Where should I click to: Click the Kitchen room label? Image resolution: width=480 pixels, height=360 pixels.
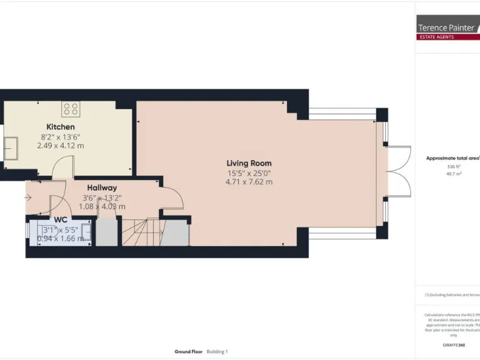[61, 127]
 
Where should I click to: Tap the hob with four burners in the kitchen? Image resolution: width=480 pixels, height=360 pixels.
[71, 109]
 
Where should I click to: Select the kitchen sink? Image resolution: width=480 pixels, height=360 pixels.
[11, 149]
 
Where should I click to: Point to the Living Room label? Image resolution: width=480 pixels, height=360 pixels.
[249, 163]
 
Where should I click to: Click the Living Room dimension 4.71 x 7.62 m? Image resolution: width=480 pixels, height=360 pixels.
[249, 182]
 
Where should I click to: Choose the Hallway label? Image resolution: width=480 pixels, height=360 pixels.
[102, 187]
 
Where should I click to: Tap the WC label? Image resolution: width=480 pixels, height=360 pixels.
[61, 219]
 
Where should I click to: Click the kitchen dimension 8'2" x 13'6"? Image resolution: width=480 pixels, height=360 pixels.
[61, 136]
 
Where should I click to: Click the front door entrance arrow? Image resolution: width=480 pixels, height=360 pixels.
[28, 199]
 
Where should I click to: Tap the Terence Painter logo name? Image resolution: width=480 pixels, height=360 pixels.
[446, 27]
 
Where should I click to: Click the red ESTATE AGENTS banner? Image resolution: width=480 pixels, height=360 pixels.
[446, 37]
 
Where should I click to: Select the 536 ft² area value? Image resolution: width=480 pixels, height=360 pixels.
[453, 167]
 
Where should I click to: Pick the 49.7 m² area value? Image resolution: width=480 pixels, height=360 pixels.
[453, 174]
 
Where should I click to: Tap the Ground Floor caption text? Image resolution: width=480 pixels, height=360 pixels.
[187, 352]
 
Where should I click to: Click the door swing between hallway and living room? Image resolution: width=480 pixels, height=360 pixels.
[172, 198]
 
